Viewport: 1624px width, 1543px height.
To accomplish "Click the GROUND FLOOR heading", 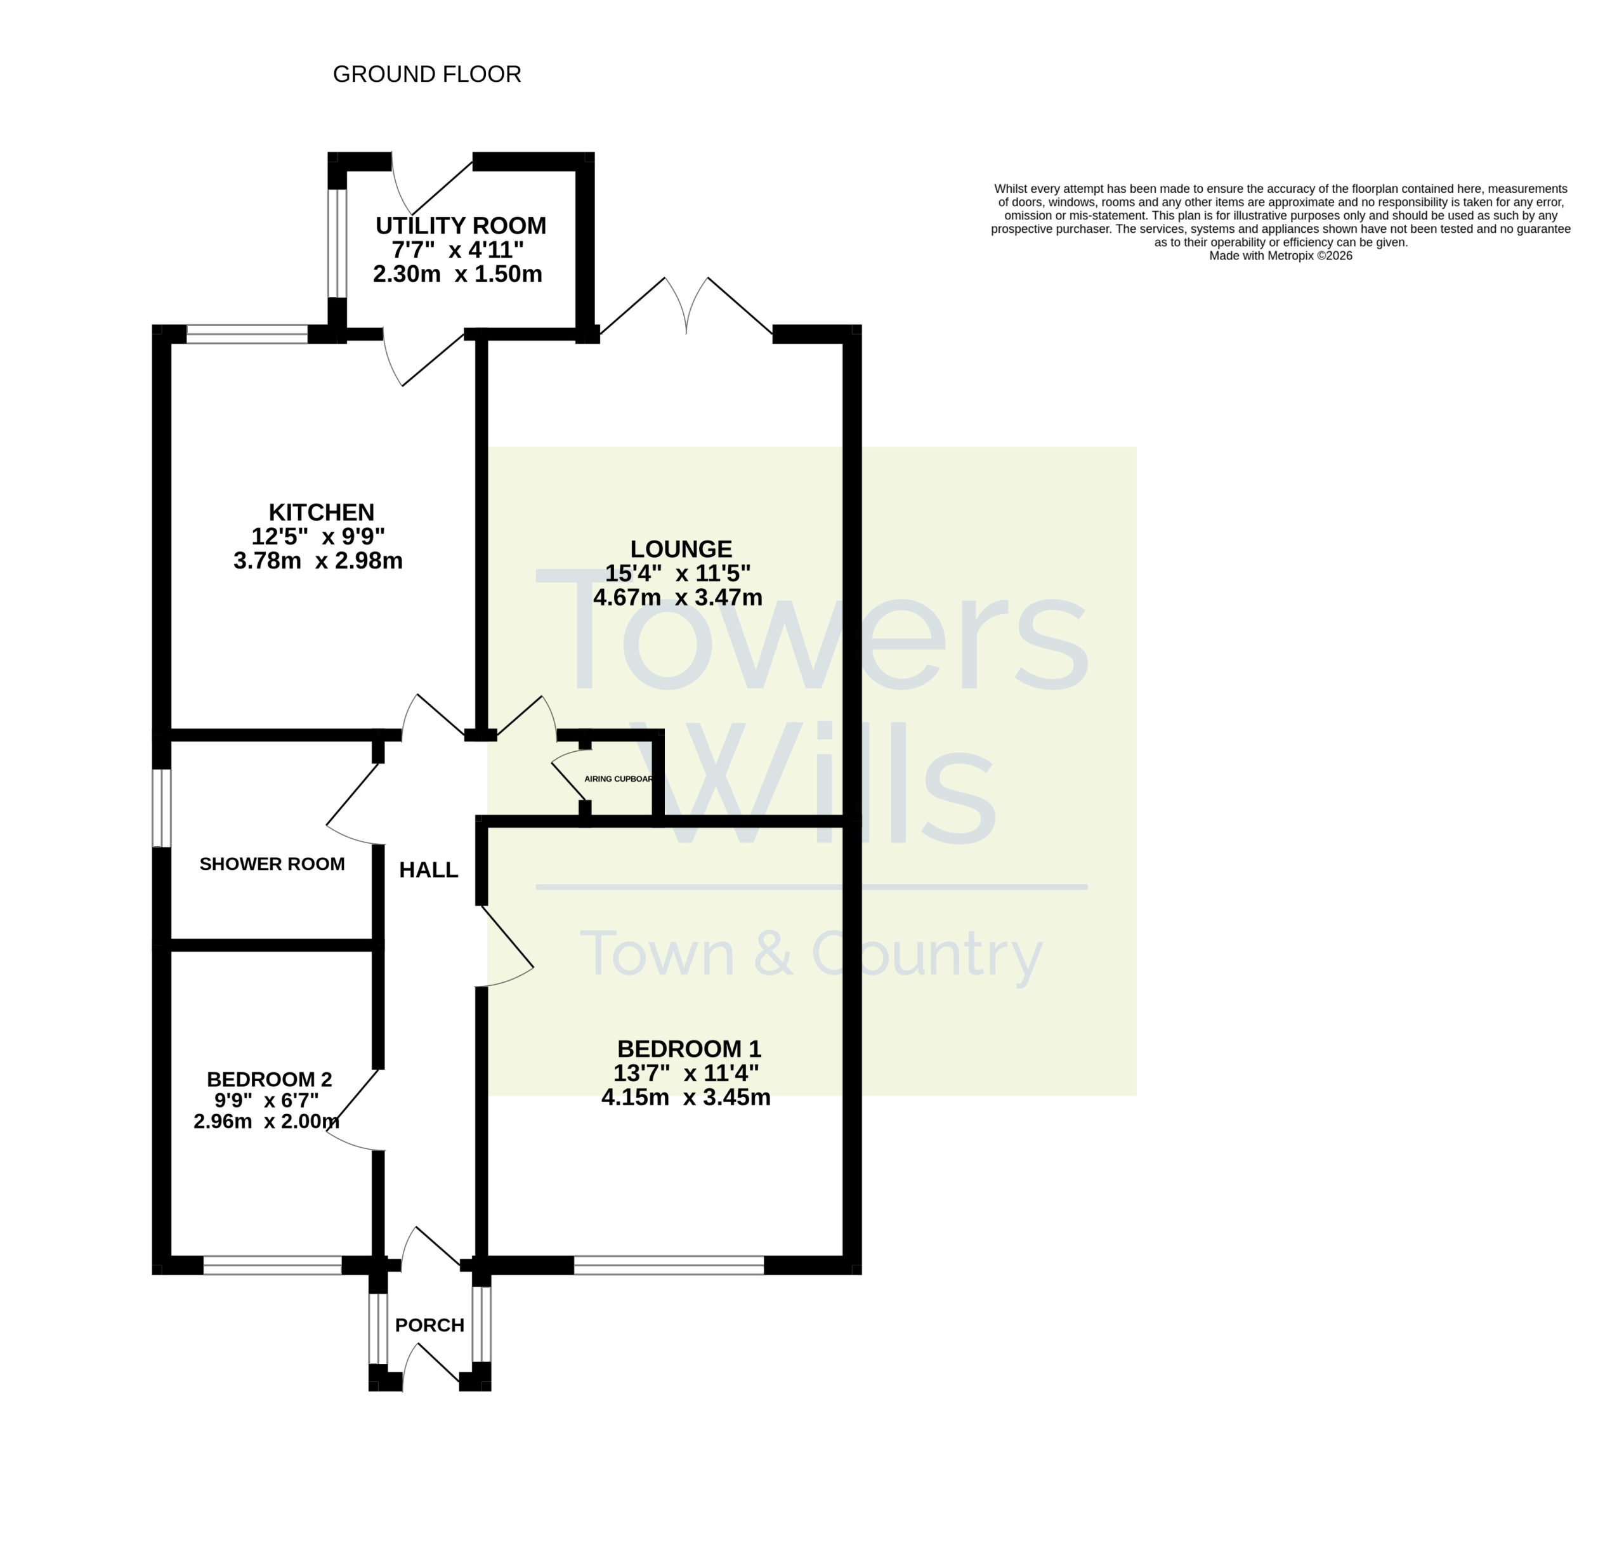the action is tap(427, 74).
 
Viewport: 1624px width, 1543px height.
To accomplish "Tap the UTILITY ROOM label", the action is tap(461, 225).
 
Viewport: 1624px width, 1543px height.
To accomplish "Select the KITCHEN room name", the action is tap(322, 513).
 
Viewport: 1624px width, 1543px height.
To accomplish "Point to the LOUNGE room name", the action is tap(681, 549).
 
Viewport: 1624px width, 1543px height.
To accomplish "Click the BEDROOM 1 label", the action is tap(689, 1049).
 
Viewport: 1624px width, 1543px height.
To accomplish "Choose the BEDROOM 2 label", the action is tap(269, 1079).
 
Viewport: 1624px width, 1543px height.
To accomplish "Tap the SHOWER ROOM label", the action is tap(272, 863).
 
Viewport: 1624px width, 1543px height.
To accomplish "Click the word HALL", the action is tap(428, 870).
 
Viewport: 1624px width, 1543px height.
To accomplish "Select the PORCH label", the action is tap(429, 1325).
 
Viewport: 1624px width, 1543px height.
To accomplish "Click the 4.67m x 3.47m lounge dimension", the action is tap(678, 597).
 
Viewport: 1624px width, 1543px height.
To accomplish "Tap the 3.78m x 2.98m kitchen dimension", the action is tap(318, 561).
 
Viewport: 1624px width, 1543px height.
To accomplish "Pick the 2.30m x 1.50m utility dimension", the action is tap(458, 274).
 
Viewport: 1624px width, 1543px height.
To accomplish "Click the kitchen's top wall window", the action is tap(247, 334).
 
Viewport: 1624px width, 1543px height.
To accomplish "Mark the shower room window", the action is tap(162, 808).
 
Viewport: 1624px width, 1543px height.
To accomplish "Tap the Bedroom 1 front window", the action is tap(669, 1265).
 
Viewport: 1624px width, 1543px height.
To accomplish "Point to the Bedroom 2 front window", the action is tap(272, 1265).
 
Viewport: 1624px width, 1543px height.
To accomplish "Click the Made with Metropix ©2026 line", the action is tap(1280, 256).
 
